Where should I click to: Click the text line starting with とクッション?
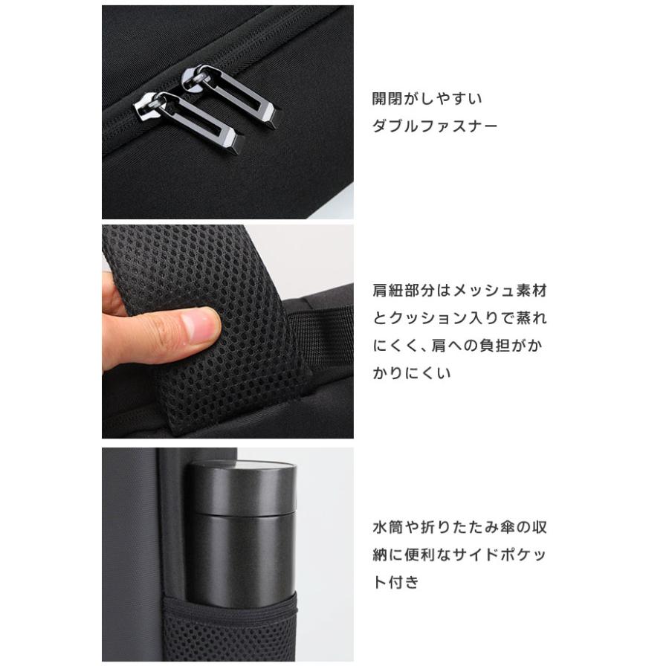pos(459,318)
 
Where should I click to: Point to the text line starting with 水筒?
pos(459,528)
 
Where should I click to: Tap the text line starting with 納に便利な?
pos(459,555)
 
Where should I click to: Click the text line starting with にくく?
pos(459,346)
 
